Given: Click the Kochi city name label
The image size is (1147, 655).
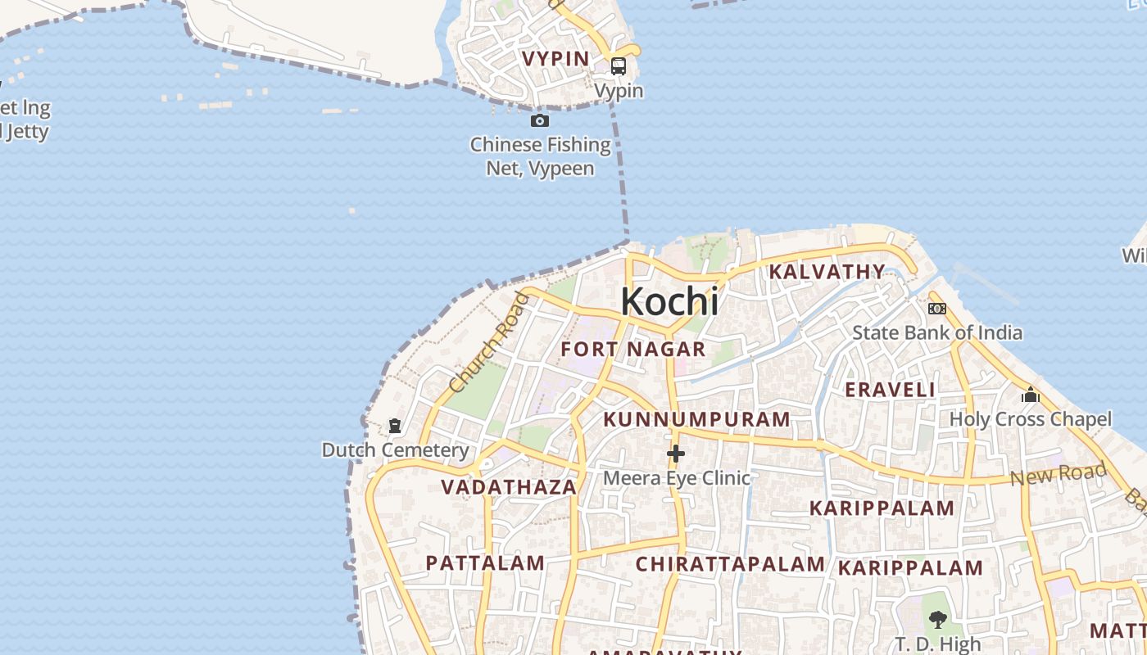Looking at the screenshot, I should pyautogui.click(x=669, y=301).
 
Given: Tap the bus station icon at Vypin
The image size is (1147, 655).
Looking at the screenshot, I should pyautogui.click(x=619, y=66).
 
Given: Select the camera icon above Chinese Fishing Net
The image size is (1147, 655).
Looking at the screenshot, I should pyautogui.click(x=539, y=121).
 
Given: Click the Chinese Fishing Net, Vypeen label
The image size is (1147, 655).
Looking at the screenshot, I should pyautogui.click(x=541, y=156).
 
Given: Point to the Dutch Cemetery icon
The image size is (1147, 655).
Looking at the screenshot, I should pyautogui.click(x=395, y=426).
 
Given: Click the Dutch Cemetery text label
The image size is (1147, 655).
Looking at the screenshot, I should pyautogui.click(x=395, y=450).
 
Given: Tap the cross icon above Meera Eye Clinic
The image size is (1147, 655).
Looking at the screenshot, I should pyautogui.click(x=676, y=453).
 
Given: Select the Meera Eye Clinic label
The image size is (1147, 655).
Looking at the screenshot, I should pyautogui.click(x=677, y=477).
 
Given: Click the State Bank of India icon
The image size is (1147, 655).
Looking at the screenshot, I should pyautogui.click(x=937, y=309).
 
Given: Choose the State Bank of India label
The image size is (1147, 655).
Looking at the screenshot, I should pyautogui.click(x=937, y=332).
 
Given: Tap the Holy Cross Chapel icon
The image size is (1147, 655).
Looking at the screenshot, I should pyautogui.click(x=1031, y=395).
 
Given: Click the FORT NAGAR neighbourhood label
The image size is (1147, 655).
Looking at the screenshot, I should pyautogui.click(x=633, y=350).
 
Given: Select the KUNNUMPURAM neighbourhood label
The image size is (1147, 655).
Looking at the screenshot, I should pyautogui.click(x=697, y=420).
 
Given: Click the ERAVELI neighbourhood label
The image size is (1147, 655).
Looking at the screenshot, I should pyautogui.click(x=891, y=390).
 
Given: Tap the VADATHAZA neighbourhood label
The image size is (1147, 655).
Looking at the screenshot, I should pyautogui.click(x=509, y=487).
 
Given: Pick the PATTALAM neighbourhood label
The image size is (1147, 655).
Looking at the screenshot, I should pyautogui.click(x=485, y=563).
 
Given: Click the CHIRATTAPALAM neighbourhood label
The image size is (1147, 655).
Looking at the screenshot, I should pyautogui.click(x=730, y=564).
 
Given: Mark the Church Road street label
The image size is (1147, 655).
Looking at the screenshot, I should pyautogui.click(x=489, y=342).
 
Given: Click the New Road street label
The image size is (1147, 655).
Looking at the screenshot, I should pyautogui.click(x=1059, y=473).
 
